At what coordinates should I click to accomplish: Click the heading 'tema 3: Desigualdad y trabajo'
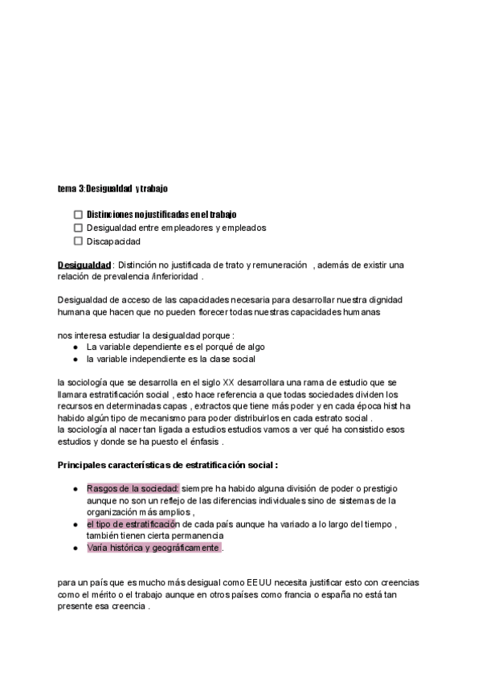(x=112, y=188)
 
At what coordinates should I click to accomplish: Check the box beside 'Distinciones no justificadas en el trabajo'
(x=78, y=215)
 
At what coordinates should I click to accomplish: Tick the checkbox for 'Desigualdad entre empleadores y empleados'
(x=78, y=228)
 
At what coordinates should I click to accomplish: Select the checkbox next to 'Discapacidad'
(x=78, y=240)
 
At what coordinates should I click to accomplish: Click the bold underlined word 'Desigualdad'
(x=84, y=265)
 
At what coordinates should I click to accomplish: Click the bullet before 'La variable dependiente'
(x=75, y=347)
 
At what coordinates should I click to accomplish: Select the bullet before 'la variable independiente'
(x=75, y=359)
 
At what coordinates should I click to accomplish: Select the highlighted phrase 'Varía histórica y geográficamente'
(x=153, y=548)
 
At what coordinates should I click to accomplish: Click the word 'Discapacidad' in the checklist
(x=113, y=240)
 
